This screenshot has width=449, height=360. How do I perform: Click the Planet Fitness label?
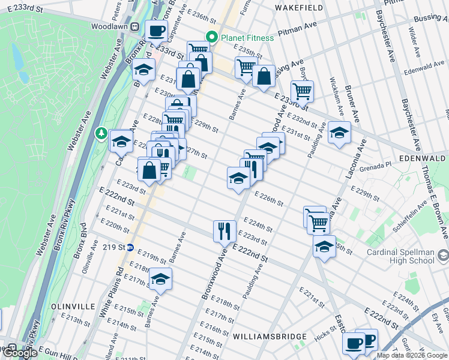coord(247,38)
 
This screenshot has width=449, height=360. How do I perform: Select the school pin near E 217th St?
coord(160,279)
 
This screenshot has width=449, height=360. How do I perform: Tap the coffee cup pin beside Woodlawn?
coord(156,31)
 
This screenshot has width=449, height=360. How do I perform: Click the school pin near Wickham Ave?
coord(339,133)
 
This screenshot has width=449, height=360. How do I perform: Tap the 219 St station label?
coord(113,247)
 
